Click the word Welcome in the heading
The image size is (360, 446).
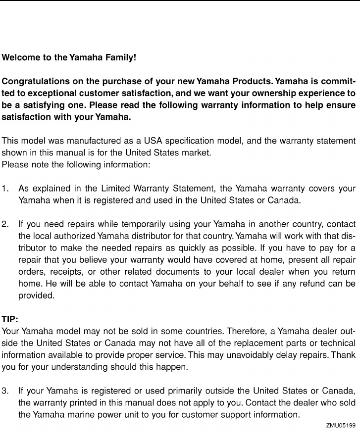click(19, 57)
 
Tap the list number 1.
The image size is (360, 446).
click(5, 189)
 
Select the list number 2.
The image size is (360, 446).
click(5, 224)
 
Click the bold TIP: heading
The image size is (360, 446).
click(10, 319)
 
